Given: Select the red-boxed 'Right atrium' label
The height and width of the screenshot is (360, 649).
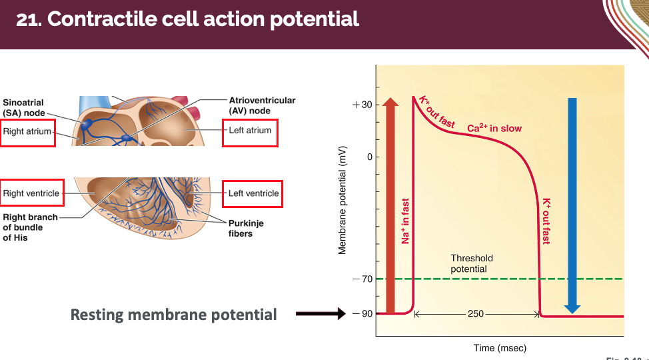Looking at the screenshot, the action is coord(27,131).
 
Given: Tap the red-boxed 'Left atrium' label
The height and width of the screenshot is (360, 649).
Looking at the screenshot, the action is coord(250,131).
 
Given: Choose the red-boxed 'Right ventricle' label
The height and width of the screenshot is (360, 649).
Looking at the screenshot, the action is coord(31,193).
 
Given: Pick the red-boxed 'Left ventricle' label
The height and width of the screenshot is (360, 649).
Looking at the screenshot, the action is coord(253,193).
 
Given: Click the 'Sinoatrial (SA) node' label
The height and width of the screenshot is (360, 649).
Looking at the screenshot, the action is coord(24,108).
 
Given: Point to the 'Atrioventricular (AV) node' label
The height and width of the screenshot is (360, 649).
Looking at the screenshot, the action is coord(262,105).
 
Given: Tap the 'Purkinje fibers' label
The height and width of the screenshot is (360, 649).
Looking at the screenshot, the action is coord(246,229).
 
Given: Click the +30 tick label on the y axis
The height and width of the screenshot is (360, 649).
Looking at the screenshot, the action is coord(362,105).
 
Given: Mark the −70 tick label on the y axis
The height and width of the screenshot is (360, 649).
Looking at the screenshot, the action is coord(362,279).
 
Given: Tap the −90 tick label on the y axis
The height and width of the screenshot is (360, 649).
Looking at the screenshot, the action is coord(362,313).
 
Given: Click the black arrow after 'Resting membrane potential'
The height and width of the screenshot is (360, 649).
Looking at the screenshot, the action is coord(321,314).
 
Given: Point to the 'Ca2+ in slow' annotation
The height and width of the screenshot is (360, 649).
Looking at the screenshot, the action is coord(494,128).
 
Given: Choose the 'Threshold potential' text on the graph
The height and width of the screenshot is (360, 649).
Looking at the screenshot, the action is coord(472,263).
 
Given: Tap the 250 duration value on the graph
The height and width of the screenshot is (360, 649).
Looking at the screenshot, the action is coord(476,313).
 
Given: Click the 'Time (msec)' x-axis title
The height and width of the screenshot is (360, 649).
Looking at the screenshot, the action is coord(500,347).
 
